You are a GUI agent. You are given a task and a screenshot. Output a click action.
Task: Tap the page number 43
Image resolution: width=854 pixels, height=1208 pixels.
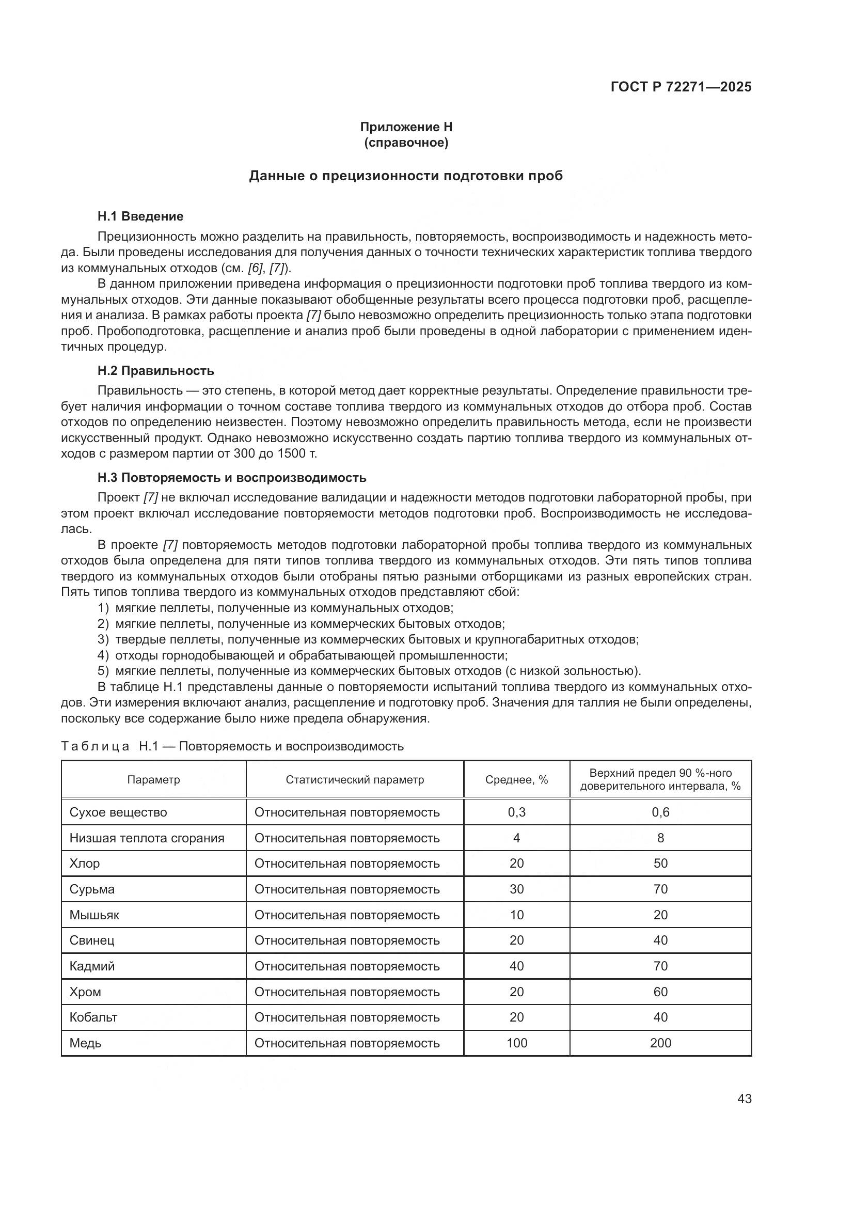(744, 1099)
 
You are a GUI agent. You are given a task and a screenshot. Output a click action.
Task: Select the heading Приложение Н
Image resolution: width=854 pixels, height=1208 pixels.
(405, 127)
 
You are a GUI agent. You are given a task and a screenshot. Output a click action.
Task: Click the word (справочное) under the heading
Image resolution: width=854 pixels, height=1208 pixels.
(405, 143)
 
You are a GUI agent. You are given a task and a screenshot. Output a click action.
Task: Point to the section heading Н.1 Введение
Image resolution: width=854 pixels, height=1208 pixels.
(140, 216)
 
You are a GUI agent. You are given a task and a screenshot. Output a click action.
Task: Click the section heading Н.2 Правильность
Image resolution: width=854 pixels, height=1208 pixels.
(155, 371)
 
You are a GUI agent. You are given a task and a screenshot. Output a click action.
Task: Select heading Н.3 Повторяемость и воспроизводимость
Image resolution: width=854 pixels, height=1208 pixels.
(231, 478)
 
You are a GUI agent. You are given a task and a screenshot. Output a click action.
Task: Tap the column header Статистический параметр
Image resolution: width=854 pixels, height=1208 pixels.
(354, 780)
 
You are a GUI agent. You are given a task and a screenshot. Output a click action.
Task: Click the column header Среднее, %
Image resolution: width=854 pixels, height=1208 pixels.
(516, 780)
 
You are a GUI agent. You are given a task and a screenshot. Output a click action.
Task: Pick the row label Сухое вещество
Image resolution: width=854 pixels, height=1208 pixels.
(118, 812)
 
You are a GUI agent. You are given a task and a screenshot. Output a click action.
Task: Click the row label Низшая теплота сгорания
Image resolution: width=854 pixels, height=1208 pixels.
(147, 838)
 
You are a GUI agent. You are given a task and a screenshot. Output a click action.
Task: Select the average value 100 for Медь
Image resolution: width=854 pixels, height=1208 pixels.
(516, 1043)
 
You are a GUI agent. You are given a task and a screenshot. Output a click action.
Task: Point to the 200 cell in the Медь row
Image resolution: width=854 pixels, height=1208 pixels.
(660, 1043)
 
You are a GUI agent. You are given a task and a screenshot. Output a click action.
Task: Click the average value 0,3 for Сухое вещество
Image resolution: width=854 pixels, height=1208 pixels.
(516, 812)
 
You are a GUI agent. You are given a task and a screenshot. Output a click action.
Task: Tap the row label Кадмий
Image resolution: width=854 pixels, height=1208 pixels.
(92, 966)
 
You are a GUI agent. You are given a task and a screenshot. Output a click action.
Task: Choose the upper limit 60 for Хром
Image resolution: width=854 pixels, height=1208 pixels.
(660, 992)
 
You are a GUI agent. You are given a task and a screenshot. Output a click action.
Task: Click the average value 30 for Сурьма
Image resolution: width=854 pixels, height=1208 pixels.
(516, 889)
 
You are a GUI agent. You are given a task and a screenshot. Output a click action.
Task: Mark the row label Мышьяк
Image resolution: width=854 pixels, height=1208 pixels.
(94, 915)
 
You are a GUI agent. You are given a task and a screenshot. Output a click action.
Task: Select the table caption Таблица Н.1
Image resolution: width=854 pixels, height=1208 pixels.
(232, 746)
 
